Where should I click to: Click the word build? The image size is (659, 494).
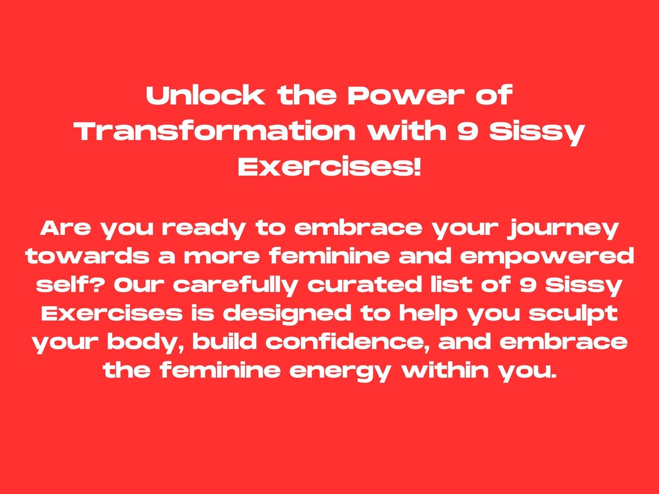[x=225, y=341]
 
